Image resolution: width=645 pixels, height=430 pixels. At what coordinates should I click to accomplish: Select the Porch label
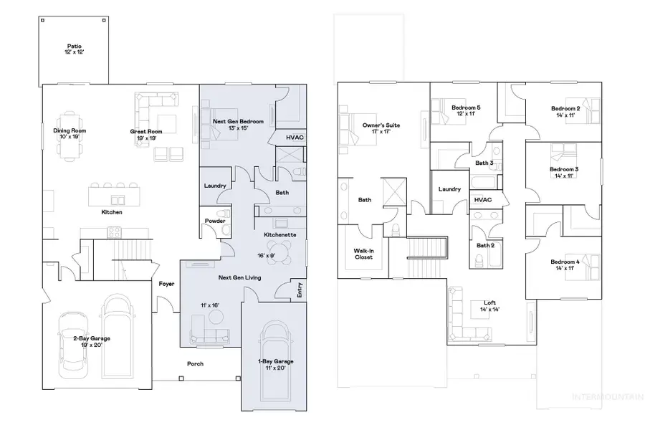coord(195,363)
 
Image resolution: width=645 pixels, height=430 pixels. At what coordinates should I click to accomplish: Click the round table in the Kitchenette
coord(283,252)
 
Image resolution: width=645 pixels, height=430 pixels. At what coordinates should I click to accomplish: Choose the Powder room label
coord(214,221)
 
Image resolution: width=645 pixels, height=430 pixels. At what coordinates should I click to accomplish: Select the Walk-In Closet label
coord(364,254)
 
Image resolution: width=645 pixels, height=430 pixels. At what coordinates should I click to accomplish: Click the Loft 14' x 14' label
coord(490,306)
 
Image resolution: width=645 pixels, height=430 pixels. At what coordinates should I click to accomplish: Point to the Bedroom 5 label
coord(466,110)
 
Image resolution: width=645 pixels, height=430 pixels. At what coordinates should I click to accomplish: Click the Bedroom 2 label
coord(565,111)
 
